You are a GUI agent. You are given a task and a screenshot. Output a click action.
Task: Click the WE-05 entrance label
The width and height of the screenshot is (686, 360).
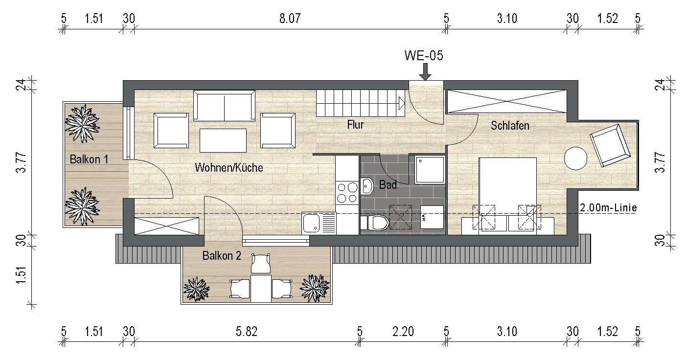[424, 56]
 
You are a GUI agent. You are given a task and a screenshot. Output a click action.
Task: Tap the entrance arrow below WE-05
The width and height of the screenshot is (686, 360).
[425, 72]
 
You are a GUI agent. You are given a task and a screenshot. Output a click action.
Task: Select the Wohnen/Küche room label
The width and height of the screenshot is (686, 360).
[229, 168]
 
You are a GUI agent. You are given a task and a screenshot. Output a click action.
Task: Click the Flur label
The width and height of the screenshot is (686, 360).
[355, 125]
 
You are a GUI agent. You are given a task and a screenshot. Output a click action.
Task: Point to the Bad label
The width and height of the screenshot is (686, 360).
[389, 185]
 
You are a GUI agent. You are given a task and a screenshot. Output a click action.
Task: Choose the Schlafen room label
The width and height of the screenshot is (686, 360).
[510, 126]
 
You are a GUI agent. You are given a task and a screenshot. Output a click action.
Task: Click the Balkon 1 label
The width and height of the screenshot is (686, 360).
[89, 159]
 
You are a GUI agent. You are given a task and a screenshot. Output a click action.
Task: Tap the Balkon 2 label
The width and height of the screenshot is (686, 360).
[222, 255]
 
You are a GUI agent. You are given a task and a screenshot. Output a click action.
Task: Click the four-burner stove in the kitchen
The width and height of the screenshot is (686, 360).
[347, 192]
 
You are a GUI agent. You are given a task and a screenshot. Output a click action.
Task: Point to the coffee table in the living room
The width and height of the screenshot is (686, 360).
[223, 140]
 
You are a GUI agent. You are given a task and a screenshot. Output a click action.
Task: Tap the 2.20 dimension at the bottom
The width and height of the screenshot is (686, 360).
[403, 332]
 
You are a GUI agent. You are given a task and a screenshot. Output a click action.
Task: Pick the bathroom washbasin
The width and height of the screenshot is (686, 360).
[368, 185]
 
